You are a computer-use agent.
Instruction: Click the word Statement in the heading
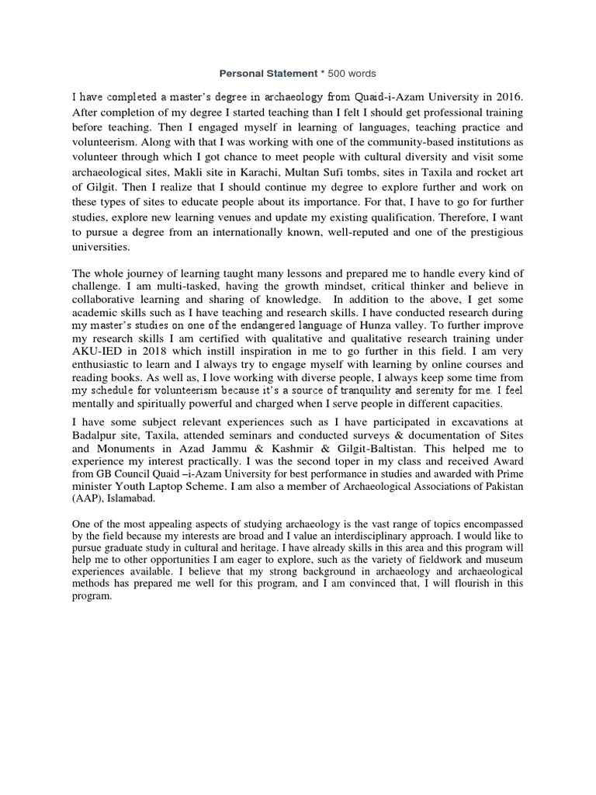click(x=289, y=74)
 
